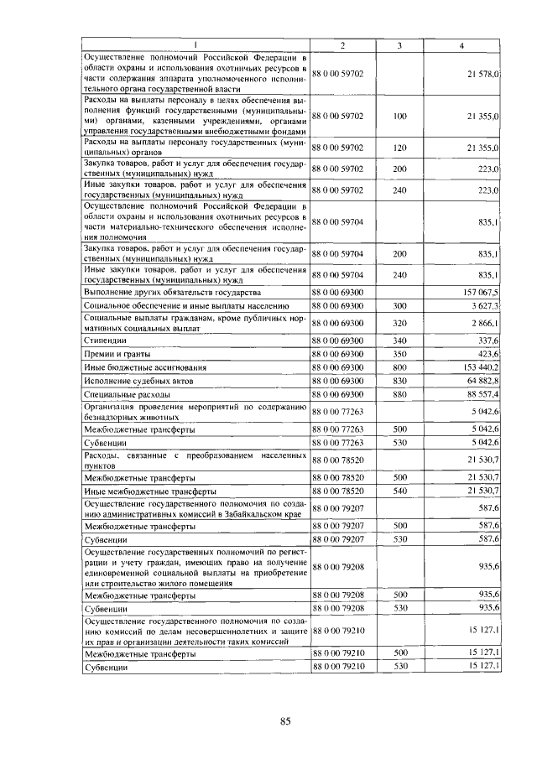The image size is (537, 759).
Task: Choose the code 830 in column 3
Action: click(399, 380)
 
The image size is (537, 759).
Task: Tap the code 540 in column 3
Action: click(399, 490)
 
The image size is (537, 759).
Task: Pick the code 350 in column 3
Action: click(399, 354)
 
